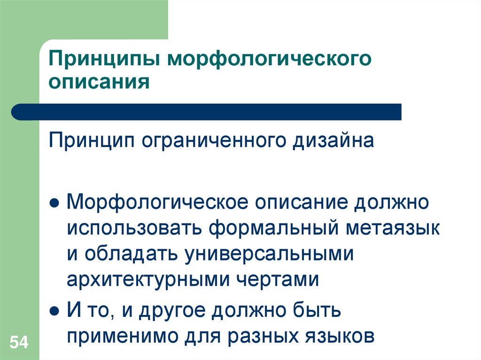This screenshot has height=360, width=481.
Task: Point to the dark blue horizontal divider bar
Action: click(x=207, y=112)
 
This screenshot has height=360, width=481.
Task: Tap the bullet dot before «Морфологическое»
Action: click(x=54, y=205)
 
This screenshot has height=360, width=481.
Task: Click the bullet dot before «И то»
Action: click(x=54, y=311)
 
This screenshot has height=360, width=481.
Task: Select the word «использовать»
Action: click(x=134, y=229)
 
